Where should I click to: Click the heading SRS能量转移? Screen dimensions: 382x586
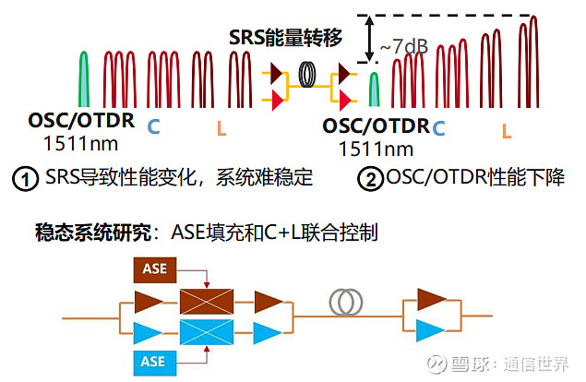286,38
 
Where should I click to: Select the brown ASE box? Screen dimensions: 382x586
153,269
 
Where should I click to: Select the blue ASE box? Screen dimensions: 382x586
153,362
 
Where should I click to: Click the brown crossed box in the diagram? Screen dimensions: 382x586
207,302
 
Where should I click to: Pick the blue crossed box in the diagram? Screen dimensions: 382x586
207,331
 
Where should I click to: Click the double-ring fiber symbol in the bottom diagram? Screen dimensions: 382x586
346,302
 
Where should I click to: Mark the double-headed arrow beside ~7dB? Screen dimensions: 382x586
371,39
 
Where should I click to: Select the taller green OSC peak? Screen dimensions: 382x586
85,78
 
